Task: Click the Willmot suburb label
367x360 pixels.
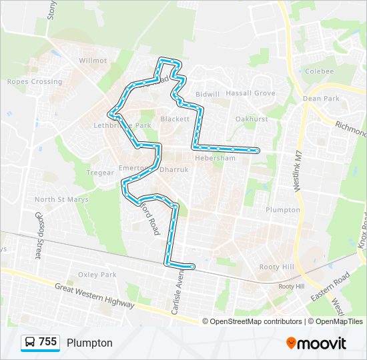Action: pos(93,60)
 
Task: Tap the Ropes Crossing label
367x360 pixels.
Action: pos(34,82)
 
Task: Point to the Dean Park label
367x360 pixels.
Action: pos(321,99)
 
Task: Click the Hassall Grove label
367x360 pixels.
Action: pos(250,94)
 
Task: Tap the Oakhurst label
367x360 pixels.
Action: pos(252,119)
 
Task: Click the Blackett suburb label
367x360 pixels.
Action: pos(175,119)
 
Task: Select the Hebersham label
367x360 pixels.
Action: pos(215,159)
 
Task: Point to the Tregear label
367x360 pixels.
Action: pos(101,173)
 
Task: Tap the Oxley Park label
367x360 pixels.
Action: pos(97,275)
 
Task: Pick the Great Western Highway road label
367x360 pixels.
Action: pos(95,295)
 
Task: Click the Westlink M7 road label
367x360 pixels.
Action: pos(298,170)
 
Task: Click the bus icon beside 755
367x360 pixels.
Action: pos(30,343)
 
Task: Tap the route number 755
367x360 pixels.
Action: pos(47,342)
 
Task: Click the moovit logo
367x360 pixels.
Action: pos(316,343)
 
